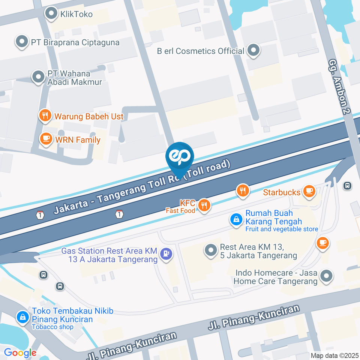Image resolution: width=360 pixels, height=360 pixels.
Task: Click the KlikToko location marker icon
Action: tap(50, 14)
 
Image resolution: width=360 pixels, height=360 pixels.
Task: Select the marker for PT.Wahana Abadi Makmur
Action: tap(37, 77)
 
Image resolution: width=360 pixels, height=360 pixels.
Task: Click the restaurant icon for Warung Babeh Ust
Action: tap(45, 116)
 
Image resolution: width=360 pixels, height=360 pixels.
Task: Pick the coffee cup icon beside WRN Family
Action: tap(46, 139)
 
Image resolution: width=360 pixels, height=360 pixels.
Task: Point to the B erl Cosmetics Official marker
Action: tap(254, 51)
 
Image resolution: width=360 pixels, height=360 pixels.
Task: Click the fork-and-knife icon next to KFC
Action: tap(204, 205)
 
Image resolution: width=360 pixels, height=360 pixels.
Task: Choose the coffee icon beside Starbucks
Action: tap(309, 192)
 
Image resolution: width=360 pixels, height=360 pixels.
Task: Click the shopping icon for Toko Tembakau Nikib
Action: tap(23, 317)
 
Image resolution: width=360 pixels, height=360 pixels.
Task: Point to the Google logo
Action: tap(20, 352)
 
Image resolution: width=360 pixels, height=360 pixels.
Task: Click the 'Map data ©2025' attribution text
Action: tap(334, 355)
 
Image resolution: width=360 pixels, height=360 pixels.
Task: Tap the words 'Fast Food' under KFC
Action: tap(180, 211)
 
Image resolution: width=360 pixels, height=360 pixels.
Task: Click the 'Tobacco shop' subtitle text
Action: tap(53, 327)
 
